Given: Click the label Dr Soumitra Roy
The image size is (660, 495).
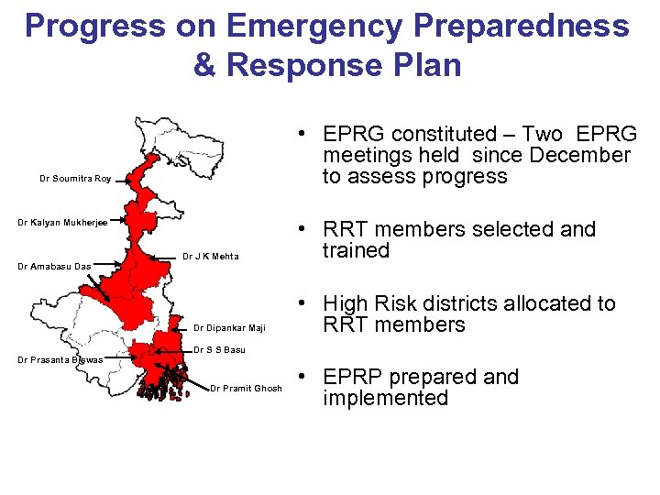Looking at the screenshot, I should tap(75, 179).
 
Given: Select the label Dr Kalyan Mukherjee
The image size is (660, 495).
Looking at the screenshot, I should tap(63, 223).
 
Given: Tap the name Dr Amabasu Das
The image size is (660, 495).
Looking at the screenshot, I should tap(55, 267).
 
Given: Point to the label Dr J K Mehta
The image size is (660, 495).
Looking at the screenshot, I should tap(211, 257).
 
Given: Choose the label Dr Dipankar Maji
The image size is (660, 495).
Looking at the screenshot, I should tap(229, 328).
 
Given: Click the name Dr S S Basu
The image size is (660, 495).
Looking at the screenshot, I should tap(219, 350).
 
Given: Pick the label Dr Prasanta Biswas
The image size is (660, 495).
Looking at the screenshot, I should tap(60, 360).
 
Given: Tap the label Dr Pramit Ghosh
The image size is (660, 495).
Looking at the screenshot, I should tap(246, 389).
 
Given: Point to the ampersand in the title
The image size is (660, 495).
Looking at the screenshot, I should tap(206, 66).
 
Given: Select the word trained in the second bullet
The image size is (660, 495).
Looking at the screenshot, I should tap(356, 251).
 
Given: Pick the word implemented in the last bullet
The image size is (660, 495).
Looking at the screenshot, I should tap(385, 399).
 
